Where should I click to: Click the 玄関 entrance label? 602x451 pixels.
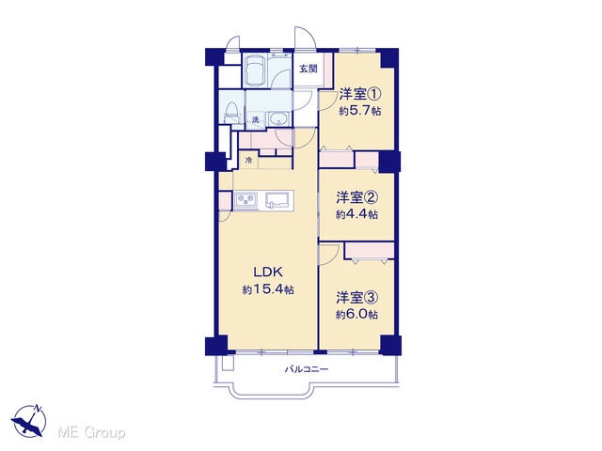pyautogui.click(x=309, y=69)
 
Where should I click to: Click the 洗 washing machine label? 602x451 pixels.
pyautogui.click(x=255, y=119)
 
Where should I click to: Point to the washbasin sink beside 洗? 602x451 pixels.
pyautogui.click(x=278, y=119)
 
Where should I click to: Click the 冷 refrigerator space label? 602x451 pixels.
pyautogui.click(x=248, y=160)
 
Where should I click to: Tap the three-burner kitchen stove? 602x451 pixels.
pyautogui.click(x=246, y=200)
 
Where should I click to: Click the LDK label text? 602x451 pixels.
pyautogui.click(x=267, y=272)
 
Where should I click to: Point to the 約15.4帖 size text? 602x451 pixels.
pyautogui.click(x=268, y=289)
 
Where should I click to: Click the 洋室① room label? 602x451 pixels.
pyautogui.click(x=360, y=94)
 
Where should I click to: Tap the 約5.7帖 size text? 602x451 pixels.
pyautogui.click(x=359, y=111)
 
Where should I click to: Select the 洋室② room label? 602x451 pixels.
pyautogui.click(x=357, y=197)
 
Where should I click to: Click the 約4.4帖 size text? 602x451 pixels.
pyautogui.click(x=356, y=214)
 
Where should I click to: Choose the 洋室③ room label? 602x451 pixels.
pyautogui.click(x=357, y=297)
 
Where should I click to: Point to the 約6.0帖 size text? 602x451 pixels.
pyautogui.click(x=356, y=315)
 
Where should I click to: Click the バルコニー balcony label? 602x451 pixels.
pyautogui.click(x=307, y=369)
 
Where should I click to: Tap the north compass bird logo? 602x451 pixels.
pyautogui.click(x=29, y=421)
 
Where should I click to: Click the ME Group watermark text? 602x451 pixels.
pyautogui.click(x=91, y=433)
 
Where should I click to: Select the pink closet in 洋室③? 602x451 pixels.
pyautogui.click(x=370, y=251)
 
